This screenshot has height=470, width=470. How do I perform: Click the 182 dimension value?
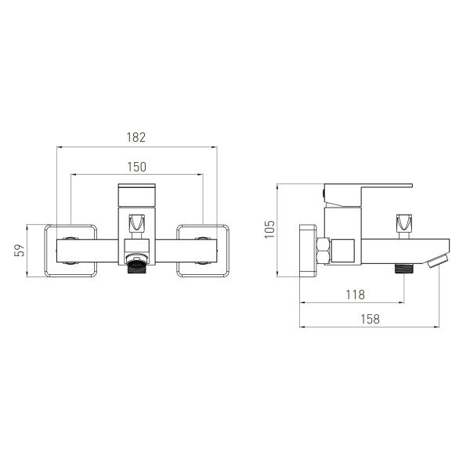tap(136, 137)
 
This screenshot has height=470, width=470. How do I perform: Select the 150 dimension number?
tap(137, 167)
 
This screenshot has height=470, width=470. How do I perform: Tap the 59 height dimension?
tap(19, 251)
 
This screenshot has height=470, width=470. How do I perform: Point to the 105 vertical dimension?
tap(269, 230)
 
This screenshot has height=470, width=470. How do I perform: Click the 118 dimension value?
tap(356, 295)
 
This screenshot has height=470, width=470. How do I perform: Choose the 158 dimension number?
tap(371, 319)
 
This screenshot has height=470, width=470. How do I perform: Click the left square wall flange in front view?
tap(70, 251)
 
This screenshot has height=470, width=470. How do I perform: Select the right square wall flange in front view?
tap(203, 251)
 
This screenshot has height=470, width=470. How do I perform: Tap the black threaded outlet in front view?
tap(136, 266)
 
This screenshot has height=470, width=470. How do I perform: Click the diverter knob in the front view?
tap(136, 223)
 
